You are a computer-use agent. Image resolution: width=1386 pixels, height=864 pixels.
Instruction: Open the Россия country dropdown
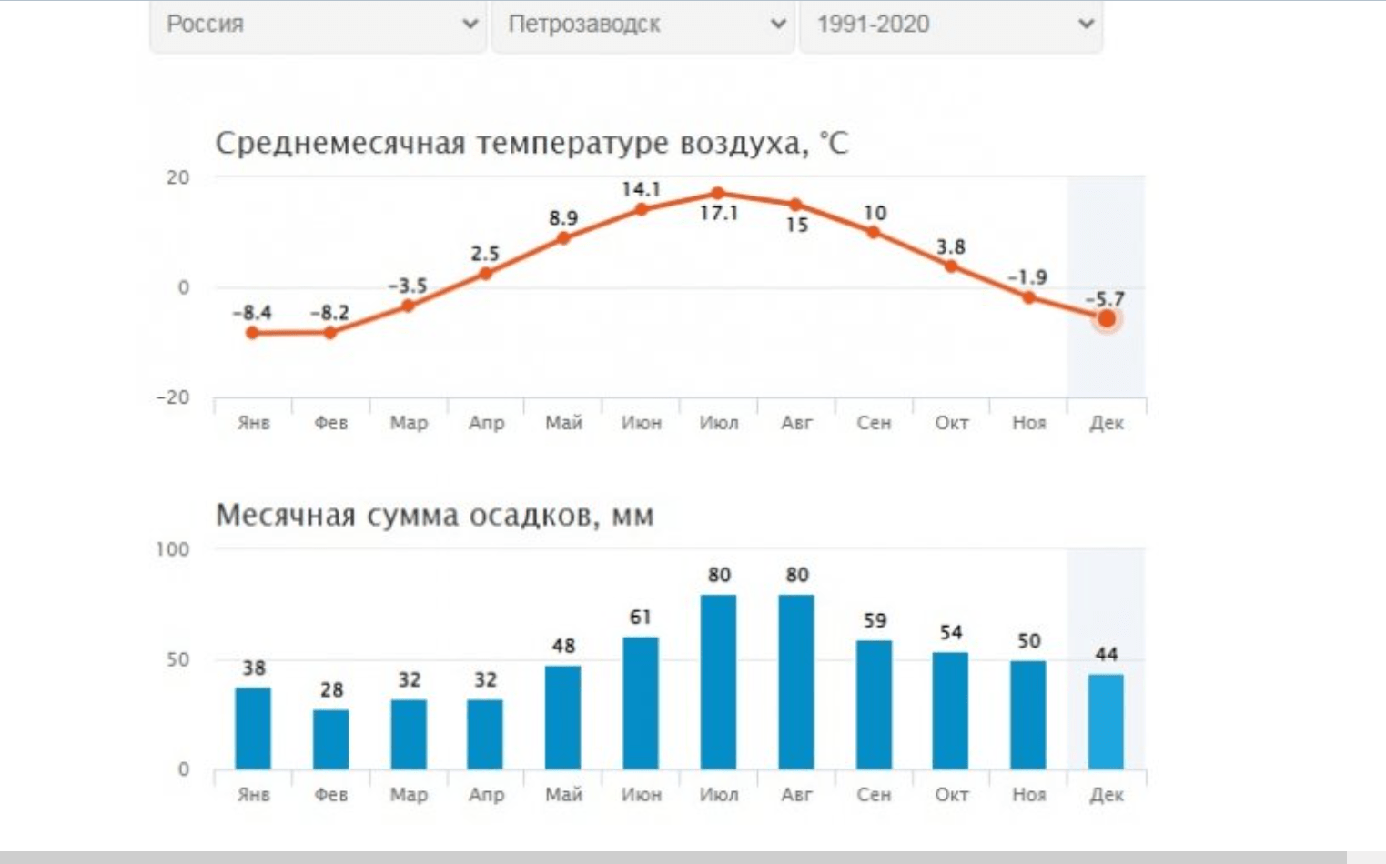[x=318, y=25]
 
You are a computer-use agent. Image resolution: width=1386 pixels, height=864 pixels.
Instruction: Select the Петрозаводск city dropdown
[x=642, y=25]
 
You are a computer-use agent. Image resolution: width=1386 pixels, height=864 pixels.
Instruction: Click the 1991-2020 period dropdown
[x=950, y=25]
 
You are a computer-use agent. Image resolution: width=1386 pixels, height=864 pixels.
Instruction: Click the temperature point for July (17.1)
[x=718, y=193]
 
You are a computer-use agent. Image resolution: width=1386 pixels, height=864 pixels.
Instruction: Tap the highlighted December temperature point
[x=1107, y=319]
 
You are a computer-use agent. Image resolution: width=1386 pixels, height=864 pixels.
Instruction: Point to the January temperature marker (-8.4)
[x=252, y=333]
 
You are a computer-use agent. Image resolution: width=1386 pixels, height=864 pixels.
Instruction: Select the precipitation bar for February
[x=330, y=738]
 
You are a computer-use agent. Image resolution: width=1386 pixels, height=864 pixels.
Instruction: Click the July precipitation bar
[x=718, y=682]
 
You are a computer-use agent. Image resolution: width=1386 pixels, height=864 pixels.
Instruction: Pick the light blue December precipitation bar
[x=1106, y=721]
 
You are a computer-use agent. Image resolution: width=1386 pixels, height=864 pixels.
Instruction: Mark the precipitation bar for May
[x=563, y=717]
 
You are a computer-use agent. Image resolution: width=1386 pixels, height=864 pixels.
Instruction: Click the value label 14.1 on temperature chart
[x=641, y=189]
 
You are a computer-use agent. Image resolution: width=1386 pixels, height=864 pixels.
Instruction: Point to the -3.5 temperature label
[x=408, y=286]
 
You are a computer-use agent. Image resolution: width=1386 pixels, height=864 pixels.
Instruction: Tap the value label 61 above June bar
[x=641, y=618]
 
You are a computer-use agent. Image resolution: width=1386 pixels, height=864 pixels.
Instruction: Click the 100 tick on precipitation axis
[x=173, y=549]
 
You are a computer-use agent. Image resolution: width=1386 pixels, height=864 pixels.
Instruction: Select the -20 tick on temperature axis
[x=172, y=397]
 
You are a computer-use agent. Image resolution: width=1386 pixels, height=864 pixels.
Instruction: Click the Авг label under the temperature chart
[x=796, y=423]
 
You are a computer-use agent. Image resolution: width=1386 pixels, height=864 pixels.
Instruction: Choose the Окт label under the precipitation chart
[x=951, y=795]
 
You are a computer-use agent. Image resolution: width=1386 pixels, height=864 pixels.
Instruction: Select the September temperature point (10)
[x=874, y=232]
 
